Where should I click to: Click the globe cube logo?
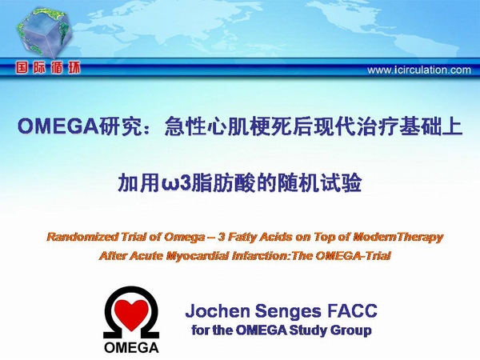click(44, 33)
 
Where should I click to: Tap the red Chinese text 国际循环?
click(48, 68)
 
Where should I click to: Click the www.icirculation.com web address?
click(418, 70)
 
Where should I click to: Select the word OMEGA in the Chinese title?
click(58, 126)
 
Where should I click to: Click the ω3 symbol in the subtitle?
click(176, 183)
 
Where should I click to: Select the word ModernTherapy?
click(398, 238)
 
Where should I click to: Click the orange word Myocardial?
click(198, 256)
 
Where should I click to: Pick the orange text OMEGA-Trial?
click(353, 255)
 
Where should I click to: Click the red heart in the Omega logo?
click(132, 314)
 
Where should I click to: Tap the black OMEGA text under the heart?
click(131, 347)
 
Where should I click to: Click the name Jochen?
click(218, 310)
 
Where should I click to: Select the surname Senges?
click(289, 312)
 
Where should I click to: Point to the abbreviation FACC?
click(352, 310)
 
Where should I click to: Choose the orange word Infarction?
click(260, 256)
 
